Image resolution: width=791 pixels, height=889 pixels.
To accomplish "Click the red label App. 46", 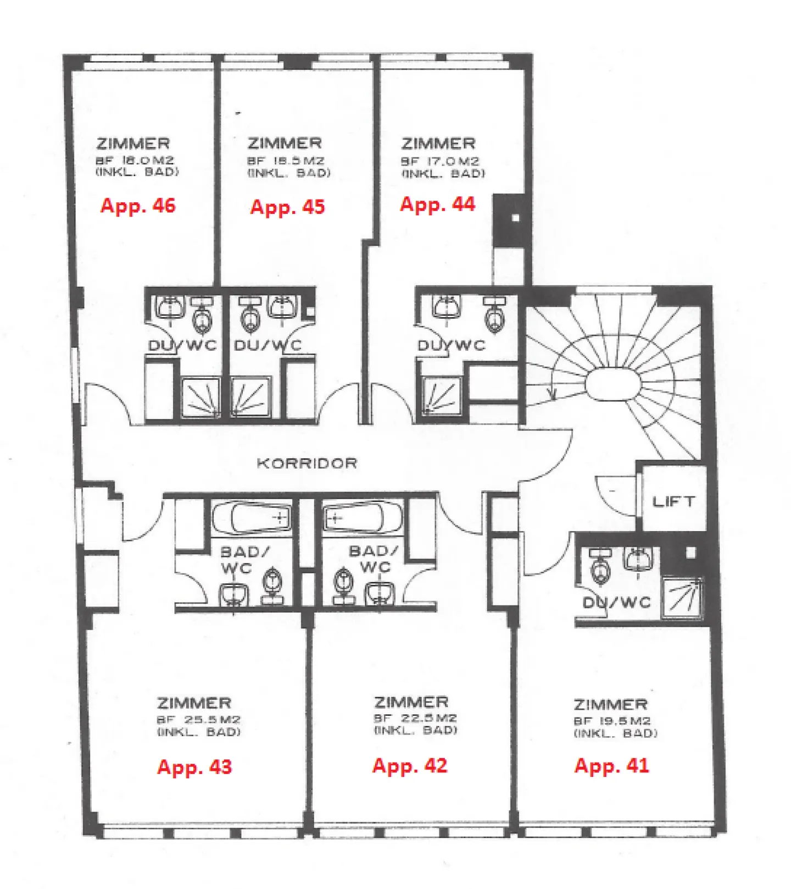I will pos(138,206).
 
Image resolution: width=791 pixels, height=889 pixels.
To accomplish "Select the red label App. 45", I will pos(287,207).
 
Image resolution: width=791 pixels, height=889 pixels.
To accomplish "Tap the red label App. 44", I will pos(437,205).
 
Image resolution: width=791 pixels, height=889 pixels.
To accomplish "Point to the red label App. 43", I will pos(194,767).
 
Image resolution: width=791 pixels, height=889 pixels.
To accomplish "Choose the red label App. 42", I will pos(410,766).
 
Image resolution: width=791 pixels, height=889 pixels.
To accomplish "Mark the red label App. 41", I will pos(611,766).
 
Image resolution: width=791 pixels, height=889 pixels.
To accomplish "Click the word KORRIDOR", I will pos(307,463).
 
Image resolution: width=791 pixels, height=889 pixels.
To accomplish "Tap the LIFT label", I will pos(673,501).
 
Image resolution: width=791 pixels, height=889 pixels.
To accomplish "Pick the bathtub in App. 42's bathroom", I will pos(362,517).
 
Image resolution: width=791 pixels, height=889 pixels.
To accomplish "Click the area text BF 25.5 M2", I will pos(198,720).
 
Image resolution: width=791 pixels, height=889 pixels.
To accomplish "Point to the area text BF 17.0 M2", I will pos(440,162).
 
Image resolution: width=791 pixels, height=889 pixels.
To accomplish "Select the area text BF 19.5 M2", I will pos(612,721).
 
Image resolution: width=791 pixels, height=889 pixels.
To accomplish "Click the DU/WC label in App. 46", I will pos(182,346).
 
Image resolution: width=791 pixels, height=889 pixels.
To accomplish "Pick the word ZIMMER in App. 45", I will pos(284,143).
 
